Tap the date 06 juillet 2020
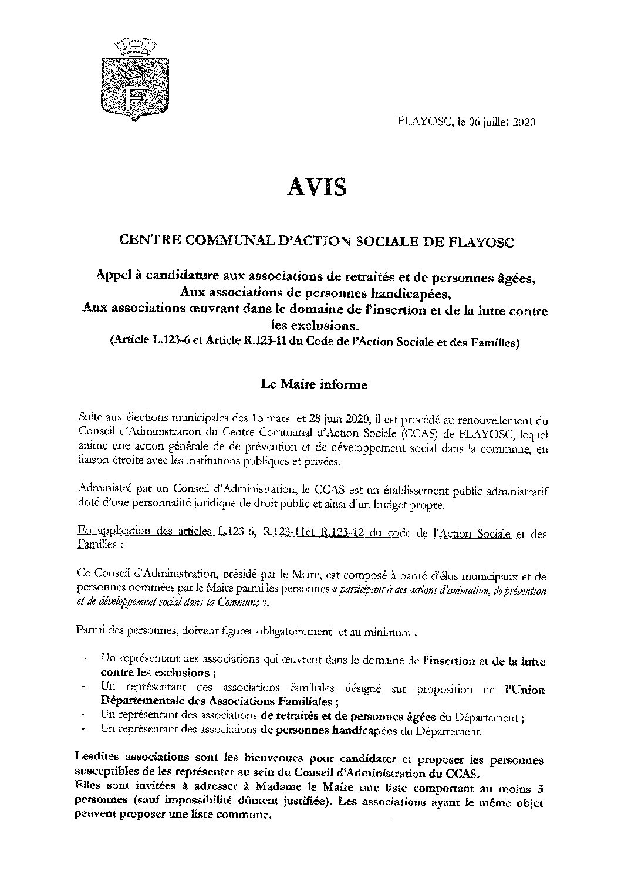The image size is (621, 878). (x=501, y=122)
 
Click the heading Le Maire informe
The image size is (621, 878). (x=314, y=385)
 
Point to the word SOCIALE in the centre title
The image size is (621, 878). (x=401, y=241)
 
